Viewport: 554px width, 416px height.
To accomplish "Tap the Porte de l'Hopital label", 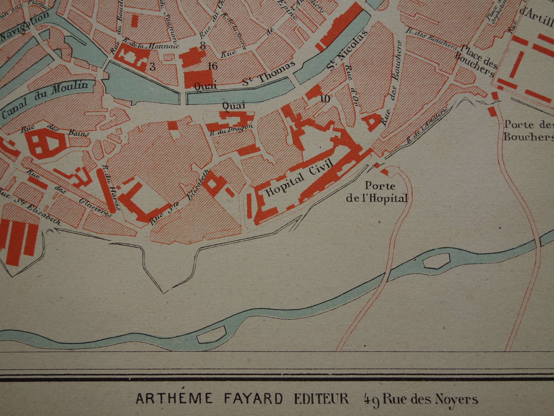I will pos(376,192).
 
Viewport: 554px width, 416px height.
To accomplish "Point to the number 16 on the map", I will pos(212,66).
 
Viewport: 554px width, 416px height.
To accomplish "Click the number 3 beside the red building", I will pos(152,67).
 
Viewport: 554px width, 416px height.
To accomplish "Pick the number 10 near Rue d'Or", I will pos(324,99).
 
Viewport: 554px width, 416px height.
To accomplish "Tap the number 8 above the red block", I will pos(202,45).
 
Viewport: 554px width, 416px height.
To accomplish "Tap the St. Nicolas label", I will pos(347,50).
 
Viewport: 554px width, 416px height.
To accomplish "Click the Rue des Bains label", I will pos(55,130).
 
